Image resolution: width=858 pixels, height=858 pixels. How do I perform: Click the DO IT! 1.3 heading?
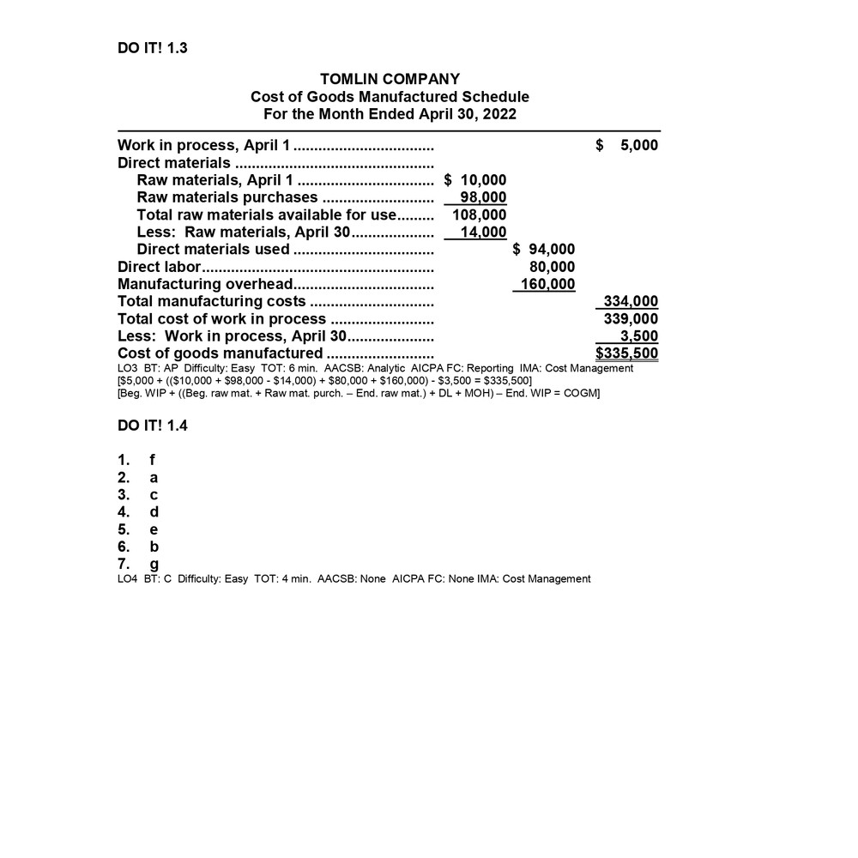pyautogui.click(x=152, y=48)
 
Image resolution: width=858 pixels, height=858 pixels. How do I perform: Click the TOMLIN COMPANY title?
pyautogui.click(x=390, y=80)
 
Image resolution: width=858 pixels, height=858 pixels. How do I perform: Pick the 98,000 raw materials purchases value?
pyautogui.click(x=483, y=197)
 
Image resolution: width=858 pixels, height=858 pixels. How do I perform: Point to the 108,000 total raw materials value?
pyautogui.click(x=480, y=214)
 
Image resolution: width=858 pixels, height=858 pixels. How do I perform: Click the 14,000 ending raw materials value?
pyautogui.click(x=483, y=232)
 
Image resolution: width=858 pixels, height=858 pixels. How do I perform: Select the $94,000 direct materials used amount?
pyautogui.click(x=543, y=250)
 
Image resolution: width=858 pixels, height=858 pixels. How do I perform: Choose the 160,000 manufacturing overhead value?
pyautogui.click(x=548, y=284)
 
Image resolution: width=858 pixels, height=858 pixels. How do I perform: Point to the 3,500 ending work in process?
pyautogui.click(x=639, y=335)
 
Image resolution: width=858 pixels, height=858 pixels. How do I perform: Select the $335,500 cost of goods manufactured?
pyautogui.click(x=627, y=353)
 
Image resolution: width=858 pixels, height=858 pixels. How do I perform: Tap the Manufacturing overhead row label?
pyautogui.click(x=205, y=284)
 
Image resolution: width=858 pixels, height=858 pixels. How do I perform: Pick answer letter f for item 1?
pyautogui.click(x=153, y=460)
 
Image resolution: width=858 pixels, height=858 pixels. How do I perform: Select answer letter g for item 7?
pyautogui.click(x=154, y=565)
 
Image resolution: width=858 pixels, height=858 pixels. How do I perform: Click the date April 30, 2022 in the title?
pyautogui.click(x=468, y=114)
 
